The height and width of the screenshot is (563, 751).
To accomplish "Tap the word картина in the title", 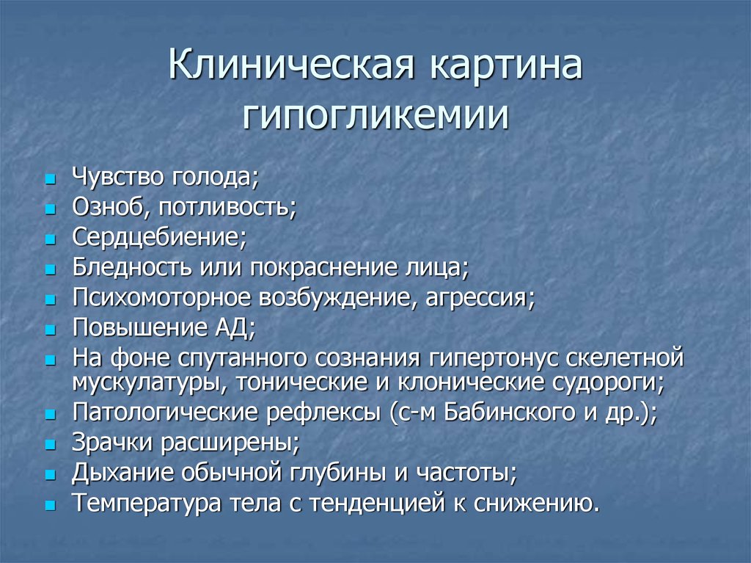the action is [506, 67].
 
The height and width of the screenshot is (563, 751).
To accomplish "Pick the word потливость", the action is [227, 207].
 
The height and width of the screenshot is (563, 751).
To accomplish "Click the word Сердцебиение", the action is [159, 237].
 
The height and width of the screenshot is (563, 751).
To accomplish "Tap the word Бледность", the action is [132, 267].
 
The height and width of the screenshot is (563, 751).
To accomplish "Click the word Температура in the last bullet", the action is [147, 503].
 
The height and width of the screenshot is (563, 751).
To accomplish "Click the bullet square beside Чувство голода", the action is [51, 180].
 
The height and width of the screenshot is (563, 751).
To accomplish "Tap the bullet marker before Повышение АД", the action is [51, 330].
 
